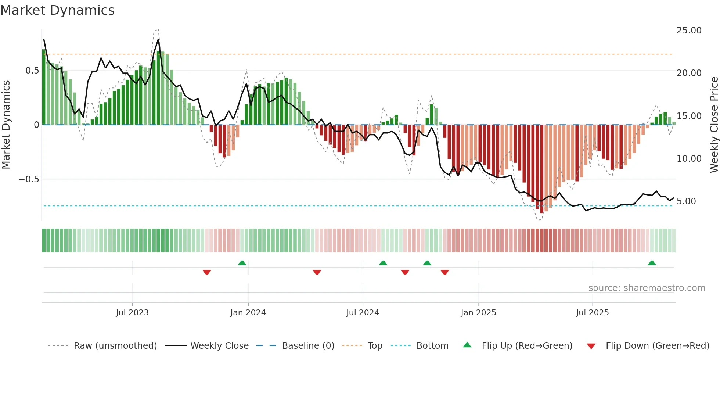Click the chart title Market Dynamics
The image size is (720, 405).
[57, 10]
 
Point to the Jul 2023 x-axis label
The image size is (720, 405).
[132, 313]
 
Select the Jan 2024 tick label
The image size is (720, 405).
[248, 313]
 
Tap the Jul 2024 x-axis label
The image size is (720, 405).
[363, 313]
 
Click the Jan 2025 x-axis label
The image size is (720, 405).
[478, 313]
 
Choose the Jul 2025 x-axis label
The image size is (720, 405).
[592, 313]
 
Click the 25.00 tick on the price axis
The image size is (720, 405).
[689, 31]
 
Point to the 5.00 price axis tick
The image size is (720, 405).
[686, 201]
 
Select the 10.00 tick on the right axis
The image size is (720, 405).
[689, 159]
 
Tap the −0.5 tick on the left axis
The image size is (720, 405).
[29, 179]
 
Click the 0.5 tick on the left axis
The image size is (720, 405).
[32, 71]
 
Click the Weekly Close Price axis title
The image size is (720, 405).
[714, 125]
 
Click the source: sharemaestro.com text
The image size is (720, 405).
[647, 288]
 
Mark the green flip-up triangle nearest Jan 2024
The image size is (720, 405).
[242, 263]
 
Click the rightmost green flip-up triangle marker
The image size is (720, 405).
[652, 263]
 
